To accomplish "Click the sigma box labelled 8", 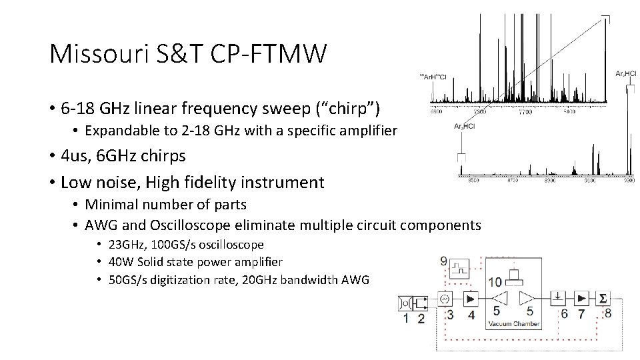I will click(603, 297).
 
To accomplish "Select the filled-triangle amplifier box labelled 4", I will click(471, 297).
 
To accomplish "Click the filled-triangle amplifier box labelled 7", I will click(581, 297).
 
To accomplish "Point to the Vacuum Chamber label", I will click(513, 323).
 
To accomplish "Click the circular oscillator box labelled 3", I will click(446, 297).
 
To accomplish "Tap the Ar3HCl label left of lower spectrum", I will click(464, 127).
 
